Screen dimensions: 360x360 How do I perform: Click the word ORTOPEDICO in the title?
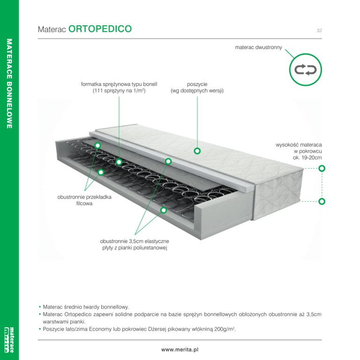[100, 29]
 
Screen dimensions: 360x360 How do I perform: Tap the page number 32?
[319, 30]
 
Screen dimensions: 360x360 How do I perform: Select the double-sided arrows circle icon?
[305, 70]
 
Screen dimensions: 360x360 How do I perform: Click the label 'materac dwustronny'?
[258, 48]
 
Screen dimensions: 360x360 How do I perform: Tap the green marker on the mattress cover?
[197, 151]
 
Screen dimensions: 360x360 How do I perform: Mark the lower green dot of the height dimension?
[322, 202]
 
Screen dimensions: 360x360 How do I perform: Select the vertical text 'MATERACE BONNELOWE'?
[9, 84]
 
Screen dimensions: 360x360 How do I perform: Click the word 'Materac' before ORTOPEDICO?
[51, 30]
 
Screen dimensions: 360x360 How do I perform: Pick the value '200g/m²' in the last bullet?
[225, 330]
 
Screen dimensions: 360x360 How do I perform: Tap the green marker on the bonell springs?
[119, 162]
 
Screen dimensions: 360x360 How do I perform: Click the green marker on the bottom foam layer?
[164, 210]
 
